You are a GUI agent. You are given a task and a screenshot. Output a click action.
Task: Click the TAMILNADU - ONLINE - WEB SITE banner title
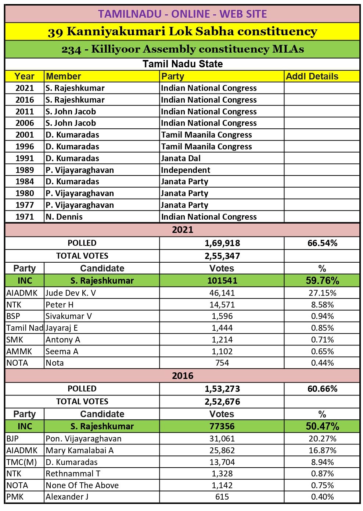click(x=182, y=14)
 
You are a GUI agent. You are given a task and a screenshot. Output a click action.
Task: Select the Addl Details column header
click(x=312, y=76)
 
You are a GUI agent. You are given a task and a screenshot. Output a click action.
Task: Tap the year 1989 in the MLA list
click(x=25, y=170)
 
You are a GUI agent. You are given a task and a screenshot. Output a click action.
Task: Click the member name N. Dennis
click(x=64, y=217)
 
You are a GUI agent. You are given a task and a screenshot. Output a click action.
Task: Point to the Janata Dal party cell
click(x=180, y=158)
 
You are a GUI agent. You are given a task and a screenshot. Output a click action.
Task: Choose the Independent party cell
click(x=186, y=170)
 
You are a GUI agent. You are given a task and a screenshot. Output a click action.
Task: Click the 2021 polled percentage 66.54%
click(x=322, y=243)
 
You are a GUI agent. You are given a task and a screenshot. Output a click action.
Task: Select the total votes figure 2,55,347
click(x=222, y=256)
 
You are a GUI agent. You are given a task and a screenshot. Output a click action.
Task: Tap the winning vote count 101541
click(x=222, y=280)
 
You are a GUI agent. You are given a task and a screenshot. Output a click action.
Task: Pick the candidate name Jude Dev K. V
click(x=71, y=293)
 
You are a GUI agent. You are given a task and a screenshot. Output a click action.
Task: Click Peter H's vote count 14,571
click(x=222, y=305)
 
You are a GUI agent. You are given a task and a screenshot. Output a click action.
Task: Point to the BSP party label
click(x=13, y=316)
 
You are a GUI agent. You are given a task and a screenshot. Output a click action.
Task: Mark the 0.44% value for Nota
click(x=322, y=363)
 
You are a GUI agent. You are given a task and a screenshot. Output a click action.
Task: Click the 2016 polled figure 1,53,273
click(x=222, y=388)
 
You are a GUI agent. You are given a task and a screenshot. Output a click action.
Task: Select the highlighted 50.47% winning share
click(x=322, y=426)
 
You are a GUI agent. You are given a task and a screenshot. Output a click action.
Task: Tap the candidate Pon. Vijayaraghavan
click(x=83, y=439)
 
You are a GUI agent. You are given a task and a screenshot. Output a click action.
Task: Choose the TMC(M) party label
click(x=22, y=462)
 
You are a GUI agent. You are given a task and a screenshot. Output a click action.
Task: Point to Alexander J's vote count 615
click(x=222, y=497)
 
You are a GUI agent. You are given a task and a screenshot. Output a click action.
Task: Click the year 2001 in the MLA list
click(x=25, y=135)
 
